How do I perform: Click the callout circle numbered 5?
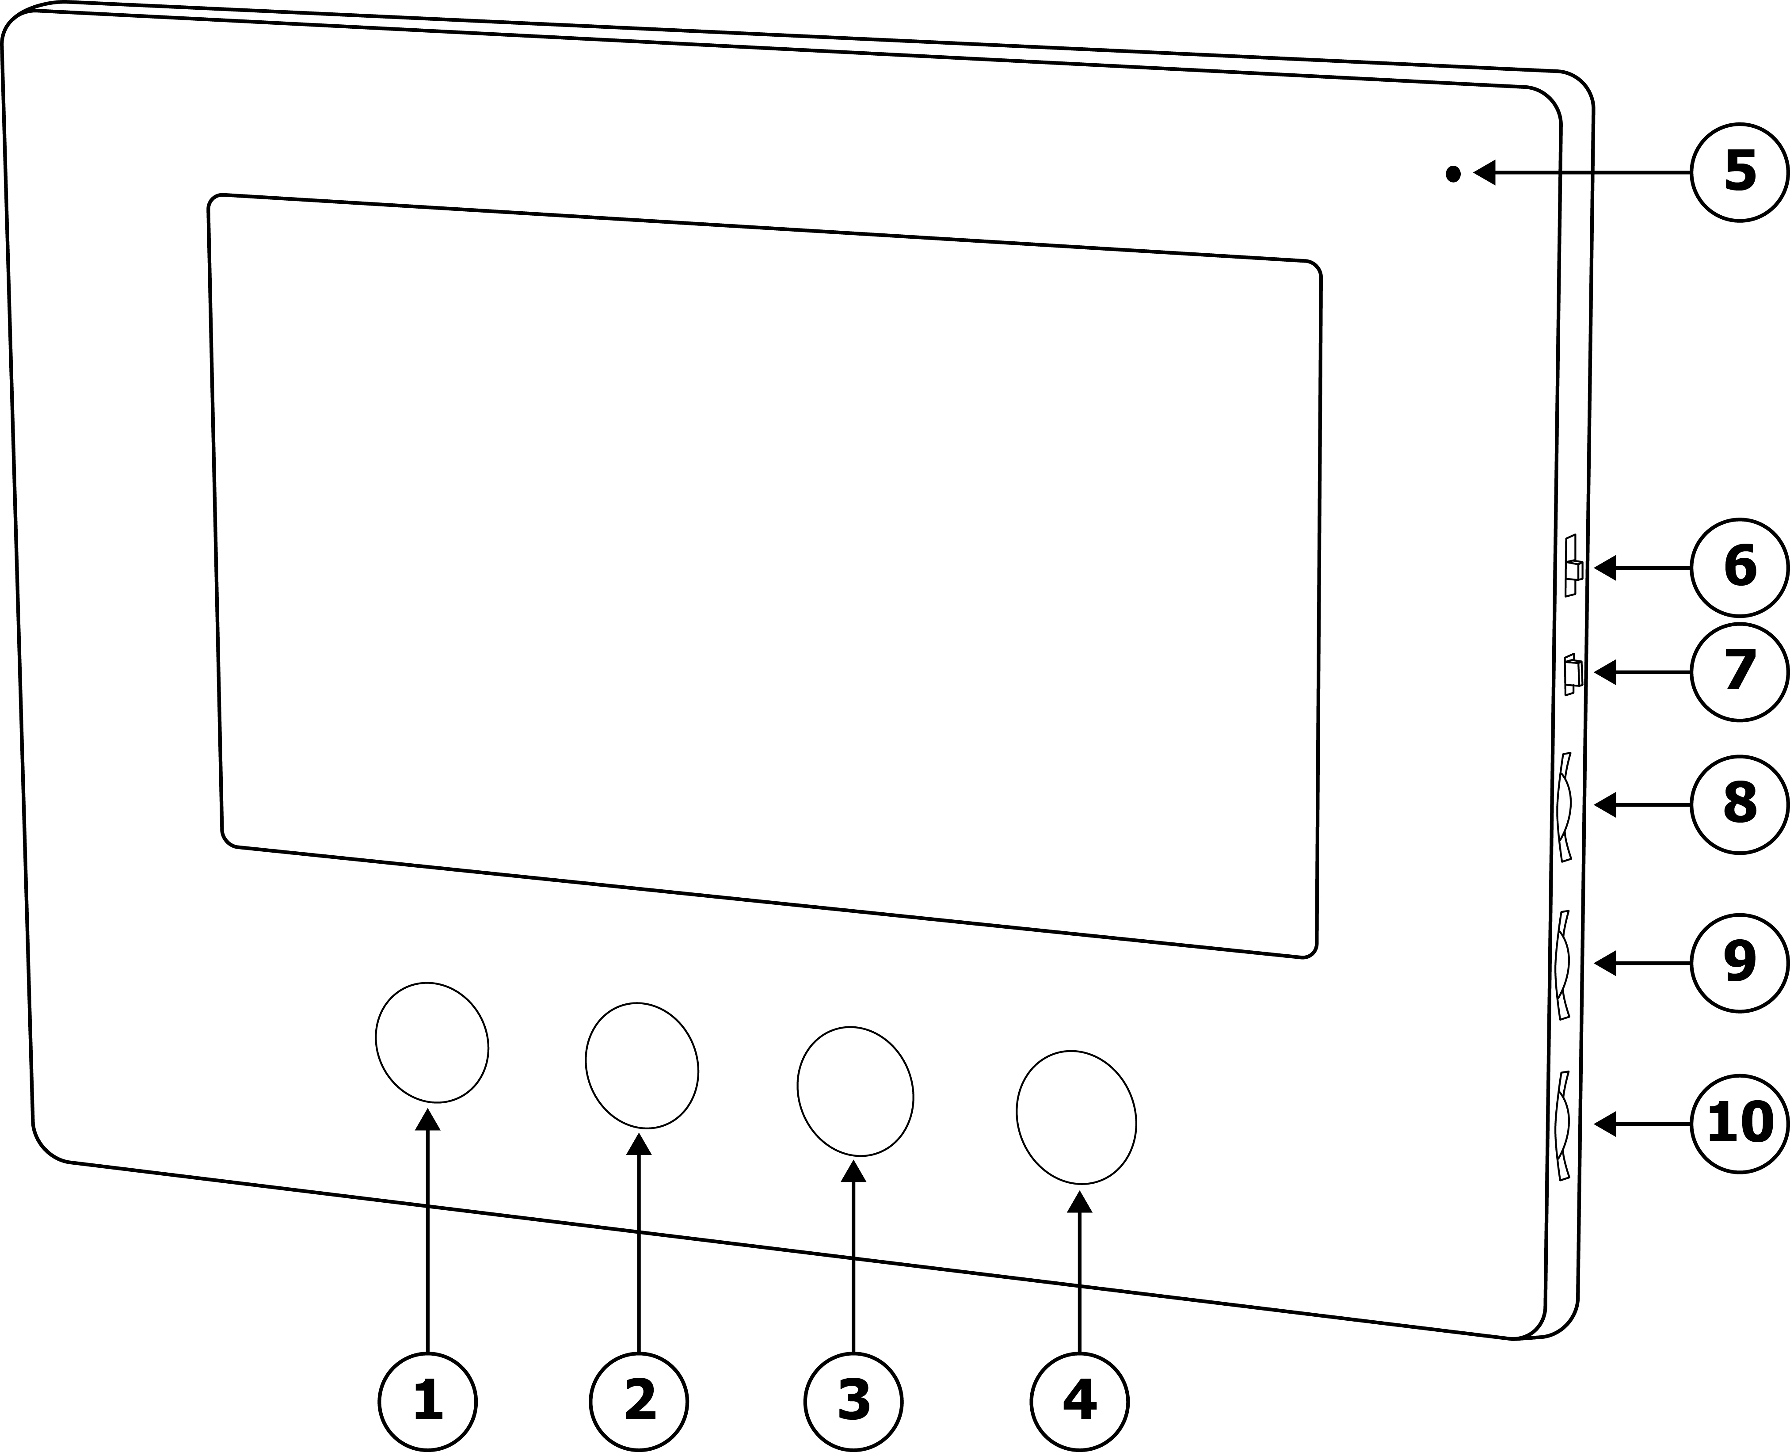click(1740, 172)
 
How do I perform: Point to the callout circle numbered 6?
click(1740, 567)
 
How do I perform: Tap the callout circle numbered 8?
click(1740, 804)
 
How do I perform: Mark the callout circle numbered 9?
click(1740, 964)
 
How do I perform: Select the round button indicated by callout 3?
click(855, 1091)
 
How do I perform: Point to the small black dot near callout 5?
click(1453, 174)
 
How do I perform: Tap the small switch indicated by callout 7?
click(1573, 673)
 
